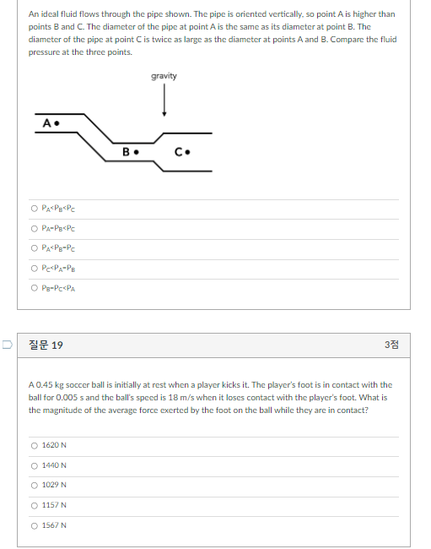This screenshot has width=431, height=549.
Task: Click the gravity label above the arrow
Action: tap(164, 76)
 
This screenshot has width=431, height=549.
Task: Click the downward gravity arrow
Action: tap(164, 101)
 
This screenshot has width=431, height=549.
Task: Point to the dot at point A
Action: tap(56, 124)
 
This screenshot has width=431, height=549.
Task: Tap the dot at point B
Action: tap(135, 153)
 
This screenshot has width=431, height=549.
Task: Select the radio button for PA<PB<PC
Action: tap(34, 209)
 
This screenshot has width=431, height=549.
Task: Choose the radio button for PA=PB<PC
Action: tap(34, 229)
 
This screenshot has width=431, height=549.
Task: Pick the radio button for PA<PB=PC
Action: tap(34, 248)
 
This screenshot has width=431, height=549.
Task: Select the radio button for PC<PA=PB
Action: tap(34, 269)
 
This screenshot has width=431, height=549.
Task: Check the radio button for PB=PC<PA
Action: tap(34, 289)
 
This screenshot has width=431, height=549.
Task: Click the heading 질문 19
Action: tap(46, 345)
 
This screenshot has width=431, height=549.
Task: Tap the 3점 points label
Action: tap(391, 345)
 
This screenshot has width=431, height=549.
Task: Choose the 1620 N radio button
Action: tap(34, 445)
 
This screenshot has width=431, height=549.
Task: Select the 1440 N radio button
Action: tap(34, 465)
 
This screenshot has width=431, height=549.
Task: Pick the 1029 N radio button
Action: tap(34, 485)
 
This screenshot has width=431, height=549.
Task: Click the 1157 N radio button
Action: tap(34, 505)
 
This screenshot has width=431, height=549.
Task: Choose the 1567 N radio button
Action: tap(34, 525)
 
